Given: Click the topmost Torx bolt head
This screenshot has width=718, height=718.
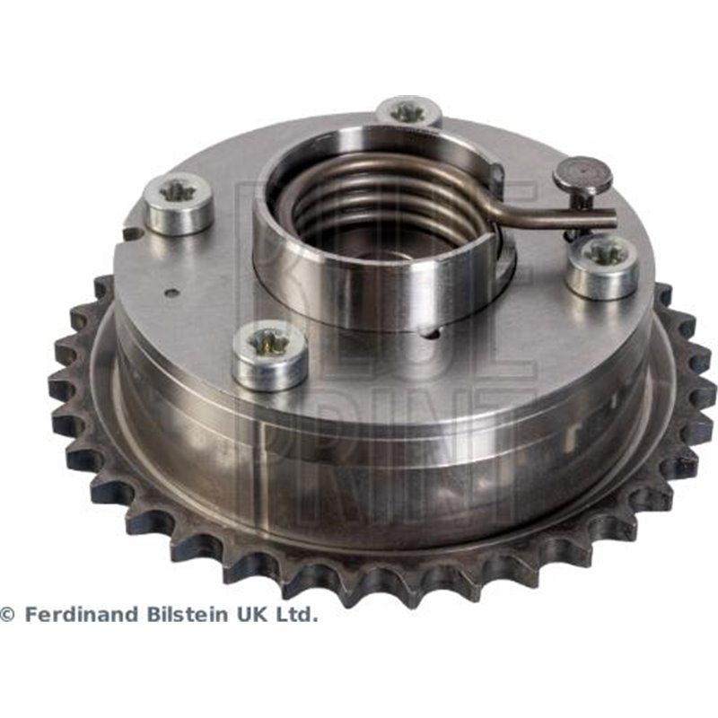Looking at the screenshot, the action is point(409,112).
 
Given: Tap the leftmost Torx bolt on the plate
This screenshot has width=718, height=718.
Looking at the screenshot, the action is point(179,204).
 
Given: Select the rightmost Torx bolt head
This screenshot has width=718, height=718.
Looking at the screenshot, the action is point(602,267).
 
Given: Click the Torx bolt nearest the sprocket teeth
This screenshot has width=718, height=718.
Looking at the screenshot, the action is point(270,355).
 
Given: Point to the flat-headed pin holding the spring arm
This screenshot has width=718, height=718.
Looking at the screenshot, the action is point(582,174).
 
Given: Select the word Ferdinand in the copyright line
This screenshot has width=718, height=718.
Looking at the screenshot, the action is point(83,615).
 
